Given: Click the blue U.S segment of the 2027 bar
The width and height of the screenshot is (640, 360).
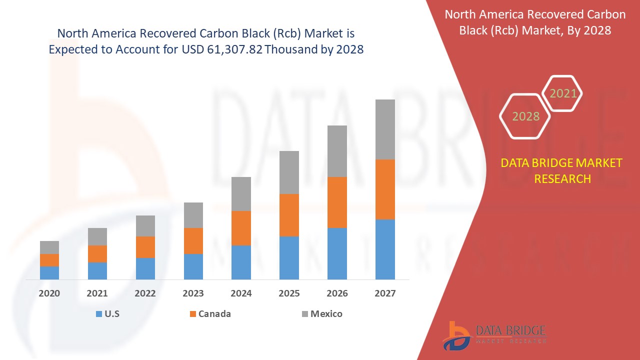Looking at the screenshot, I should point(385,249).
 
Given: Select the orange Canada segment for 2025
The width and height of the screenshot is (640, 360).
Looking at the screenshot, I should point(289,215).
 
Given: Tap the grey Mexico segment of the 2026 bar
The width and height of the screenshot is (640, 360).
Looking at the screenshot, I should point(337,151).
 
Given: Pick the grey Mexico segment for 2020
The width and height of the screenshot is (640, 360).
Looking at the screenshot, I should point(49,247).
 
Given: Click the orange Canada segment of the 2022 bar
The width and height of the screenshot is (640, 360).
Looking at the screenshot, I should point(145,247).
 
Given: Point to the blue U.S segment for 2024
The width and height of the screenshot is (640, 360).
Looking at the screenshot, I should point(241,262).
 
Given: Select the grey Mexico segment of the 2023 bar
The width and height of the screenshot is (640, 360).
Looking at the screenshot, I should point(193,215).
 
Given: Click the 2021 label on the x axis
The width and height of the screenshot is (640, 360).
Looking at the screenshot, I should point(97,293).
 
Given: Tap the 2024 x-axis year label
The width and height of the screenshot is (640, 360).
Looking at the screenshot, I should point(241,293).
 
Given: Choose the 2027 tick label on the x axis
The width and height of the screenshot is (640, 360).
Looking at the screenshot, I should point(385,293).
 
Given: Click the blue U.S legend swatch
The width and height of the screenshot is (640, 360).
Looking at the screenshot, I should point(98,314).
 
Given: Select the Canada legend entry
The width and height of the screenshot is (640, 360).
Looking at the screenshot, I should point(214,314).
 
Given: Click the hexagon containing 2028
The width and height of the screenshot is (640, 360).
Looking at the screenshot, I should point(525,116).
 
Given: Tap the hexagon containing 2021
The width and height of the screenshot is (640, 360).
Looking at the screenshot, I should point(562,93).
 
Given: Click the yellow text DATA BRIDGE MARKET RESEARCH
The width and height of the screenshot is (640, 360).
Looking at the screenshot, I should point(562,170).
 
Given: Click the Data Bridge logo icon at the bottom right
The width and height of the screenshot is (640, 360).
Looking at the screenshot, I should point(456,335).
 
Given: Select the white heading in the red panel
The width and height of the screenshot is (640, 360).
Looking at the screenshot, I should point(534,22).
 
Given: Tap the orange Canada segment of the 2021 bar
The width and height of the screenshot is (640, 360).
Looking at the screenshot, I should point(97,254).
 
